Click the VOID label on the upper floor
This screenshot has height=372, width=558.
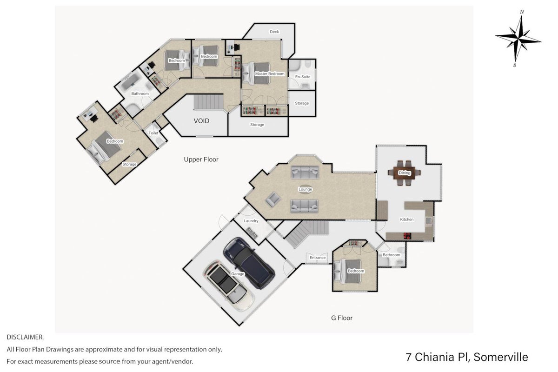tap(201, 121)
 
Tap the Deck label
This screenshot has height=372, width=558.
tap(274, 32)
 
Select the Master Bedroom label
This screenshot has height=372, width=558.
tap(270, 74)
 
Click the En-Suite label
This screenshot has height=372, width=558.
tap(303, 77)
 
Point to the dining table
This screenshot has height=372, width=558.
tap(404, 173)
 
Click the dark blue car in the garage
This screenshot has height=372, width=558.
tap(249, 263)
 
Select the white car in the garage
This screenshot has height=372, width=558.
tap(229, 286)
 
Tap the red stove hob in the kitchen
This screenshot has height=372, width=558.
tap(407, 236)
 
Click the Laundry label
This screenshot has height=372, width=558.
tap(251, 221)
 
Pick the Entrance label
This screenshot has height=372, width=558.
tap(318, 258)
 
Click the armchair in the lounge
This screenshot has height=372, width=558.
tap(273, 199)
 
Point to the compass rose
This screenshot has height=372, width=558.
tap(518, 39)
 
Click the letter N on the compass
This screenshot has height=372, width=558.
tap(522, 12)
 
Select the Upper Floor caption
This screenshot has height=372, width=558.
tap(201, 159)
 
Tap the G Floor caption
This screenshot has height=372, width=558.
tap(341, 318)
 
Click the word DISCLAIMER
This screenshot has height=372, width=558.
tap(25, 338)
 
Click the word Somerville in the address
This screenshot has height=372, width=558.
tap(501, 357)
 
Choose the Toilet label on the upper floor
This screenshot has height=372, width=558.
tap(153, 133)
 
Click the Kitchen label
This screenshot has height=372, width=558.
tap(407, 219)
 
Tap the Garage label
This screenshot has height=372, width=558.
tap(238, 274)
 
